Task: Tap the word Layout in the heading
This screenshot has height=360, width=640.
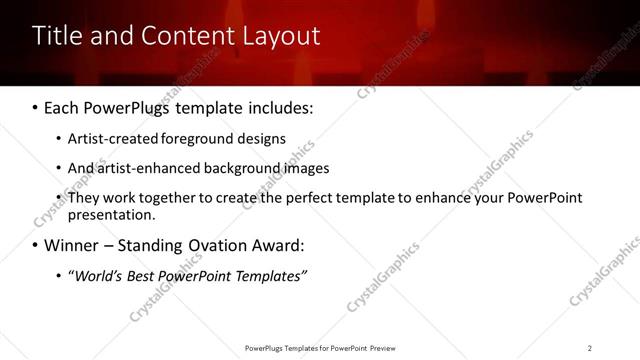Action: [x=282, y=36]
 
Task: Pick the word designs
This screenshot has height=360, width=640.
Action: [x=263, y=139]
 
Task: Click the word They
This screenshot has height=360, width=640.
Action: [x=83, y=197]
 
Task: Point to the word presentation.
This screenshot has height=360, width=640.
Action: [x=112, y=214]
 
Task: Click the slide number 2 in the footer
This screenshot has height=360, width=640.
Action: [x=590, y=347]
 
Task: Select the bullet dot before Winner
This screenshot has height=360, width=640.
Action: [x=36, y=245]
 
